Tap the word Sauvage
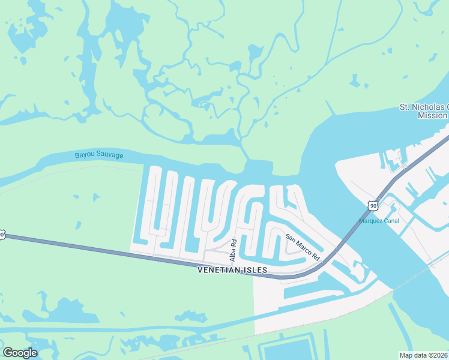[110, 155]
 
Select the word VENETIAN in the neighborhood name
[220, 271]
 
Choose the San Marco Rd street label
[303, 247]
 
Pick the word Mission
[433, 115]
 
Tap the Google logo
[20, 353]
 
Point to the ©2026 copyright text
[437, 355]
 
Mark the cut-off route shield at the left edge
[2, 235]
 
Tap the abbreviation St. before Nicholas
[406, 107]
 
